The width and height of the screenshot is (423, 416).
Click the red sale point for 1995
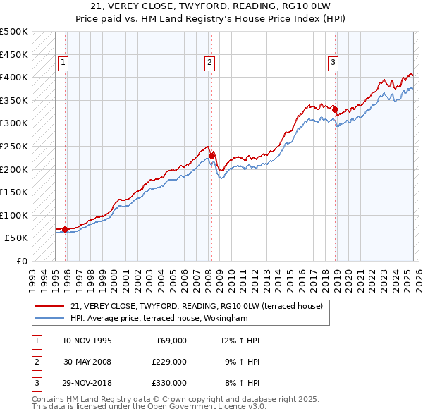66,229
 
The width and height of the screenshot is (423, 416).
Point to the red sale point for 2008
212,155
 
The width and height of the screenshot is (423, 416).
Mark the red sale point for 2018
336,109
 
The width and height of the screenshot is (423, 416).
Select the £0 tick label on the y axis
22,262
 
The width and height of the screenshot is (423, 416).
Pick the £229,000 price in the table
168,362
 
